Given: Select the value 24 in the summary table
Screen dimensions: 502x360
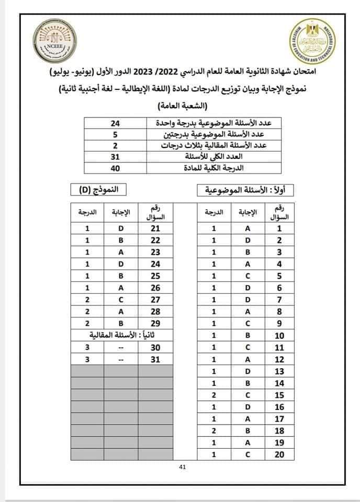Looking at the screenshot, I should pyautogui.click(x=116, y=123).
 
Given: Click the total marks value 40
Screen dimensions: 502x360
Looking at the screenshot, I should pyautogui.click(x=116, y=168).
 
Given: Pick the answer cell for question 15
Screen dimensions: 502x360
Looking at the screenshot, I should pyautogui.click(x=248, y=395).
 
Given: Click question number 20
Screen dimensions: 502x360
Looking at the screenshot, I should pyautogui.click(x=279, y=454).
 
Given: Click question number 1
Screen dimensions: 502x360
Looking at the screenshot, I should pyautogui.click(x=279, y=228).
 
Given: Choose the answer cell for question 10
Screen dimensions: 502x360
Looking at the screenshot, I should pyautogui.click(x=248, y=336).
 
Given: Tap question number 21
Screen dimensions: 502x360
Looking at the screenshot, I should pyautogui.click(x=155, y=228).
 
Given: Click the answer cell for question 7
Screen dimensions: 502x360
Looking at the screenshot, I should pyautogui.click(x=248, y=300).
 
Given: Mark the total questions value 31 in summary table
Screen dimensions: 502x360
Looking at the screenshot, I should pyautogui.click(x=116, y=156).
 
